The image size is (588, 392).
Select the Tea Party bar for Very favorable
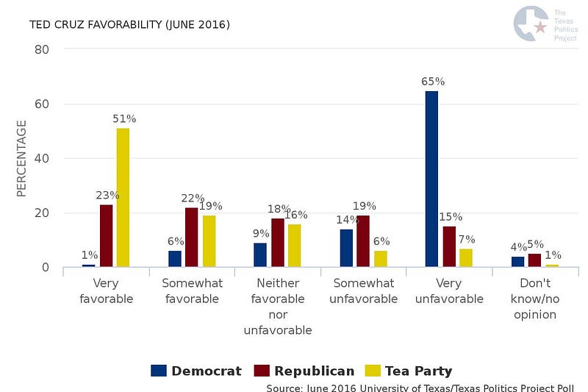(x=123, y=197)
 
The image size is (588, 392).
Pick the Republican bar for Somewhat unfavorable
(x=363, y=240)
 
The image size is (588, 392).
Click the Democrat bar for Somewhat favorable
(x=174, y=259)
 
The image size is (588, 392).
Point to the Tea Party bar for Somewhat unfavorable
(x=380, y=259)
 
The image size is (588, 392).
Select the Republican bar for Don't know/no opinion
(x=534, y=260)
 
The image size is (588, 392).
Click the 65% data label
(x=433, y=82)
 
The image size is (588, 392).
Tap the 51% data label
(x=124, y=118)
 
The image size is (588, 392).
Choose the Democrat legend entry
(x=196, y=371)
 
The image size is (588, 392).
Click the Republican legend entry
(x=303, y=371)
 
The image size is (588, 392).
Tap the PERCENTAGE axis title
(x=21, y=158)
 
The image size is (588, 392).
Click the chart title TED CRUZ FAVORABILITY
(x=129, y=25)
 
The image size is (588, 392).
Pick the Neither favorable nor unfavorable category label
(x=278, y=307)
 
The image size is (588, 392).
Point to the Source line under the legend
(x=419, y=387)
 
